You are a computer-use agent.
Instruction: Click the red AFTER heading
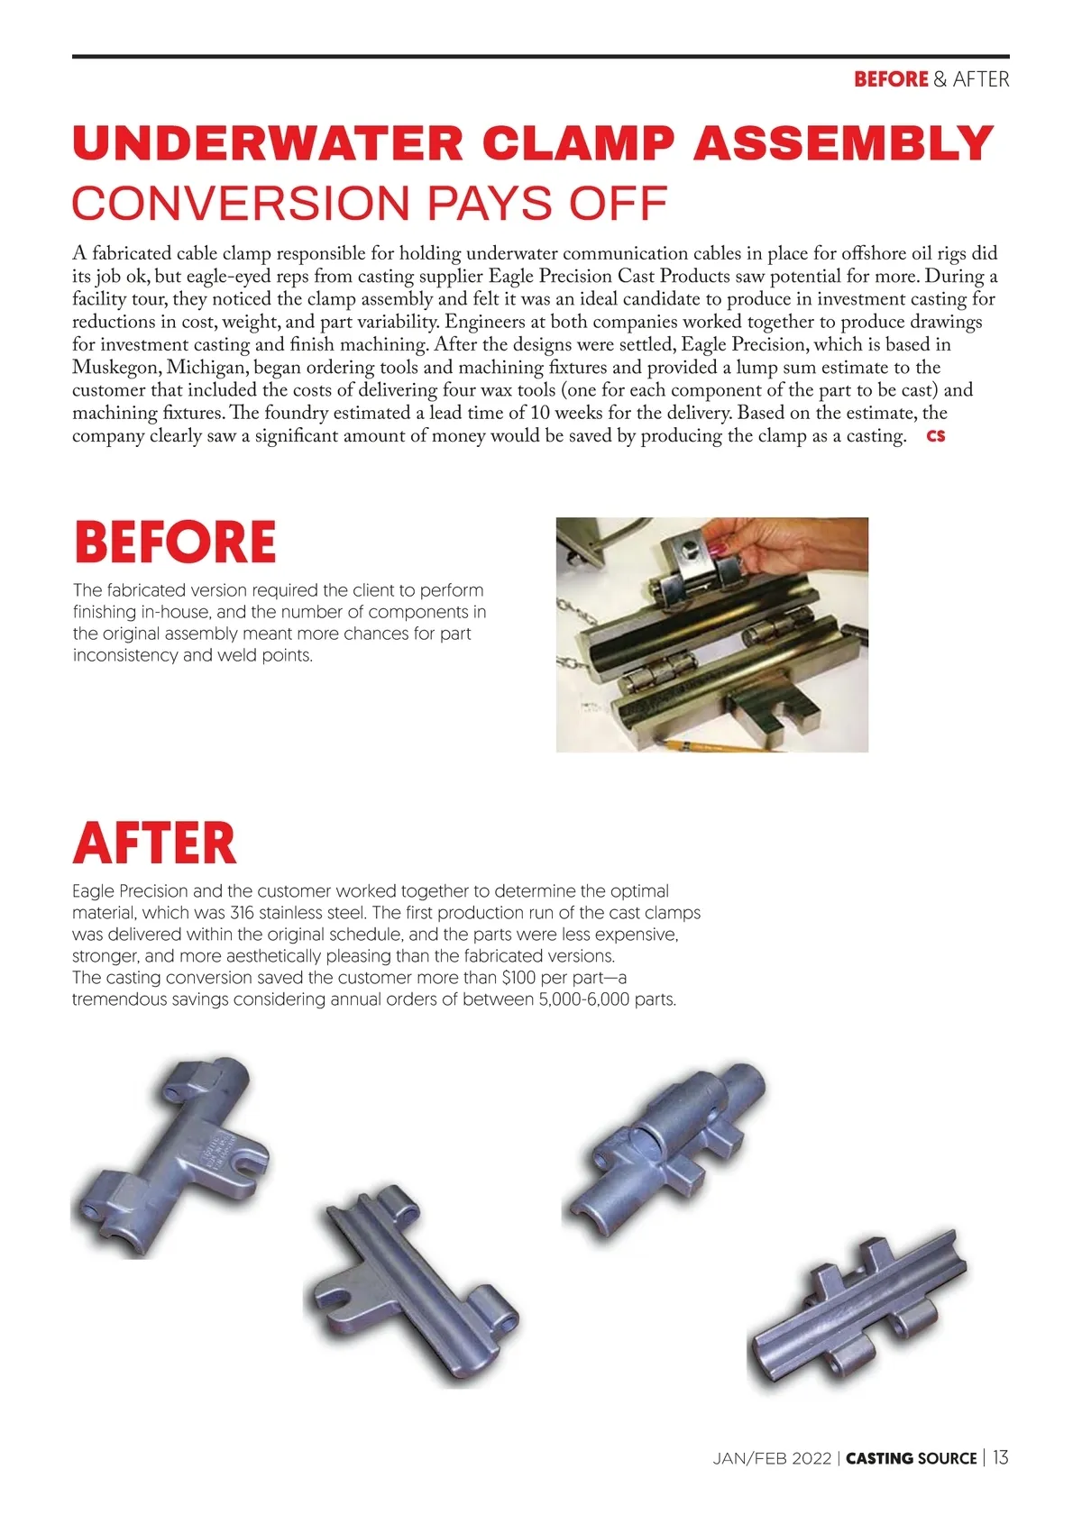(154, 843)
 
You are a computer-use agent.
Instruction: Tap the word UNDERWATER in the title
(269, 144)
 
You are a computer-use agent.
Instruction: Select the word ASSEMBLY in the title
(843, 144)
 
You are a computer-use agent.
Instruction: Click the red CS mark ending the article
(936, 436)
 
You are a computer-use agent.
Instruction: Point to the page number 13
(1001, 1457)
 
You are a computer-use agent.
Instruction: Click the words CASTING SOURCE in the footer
(911, 1458)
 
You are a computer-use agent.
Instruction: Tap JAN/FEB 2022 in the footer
(772, 1458)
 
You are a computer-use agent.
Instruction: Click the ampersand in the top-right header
(940, 79)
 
